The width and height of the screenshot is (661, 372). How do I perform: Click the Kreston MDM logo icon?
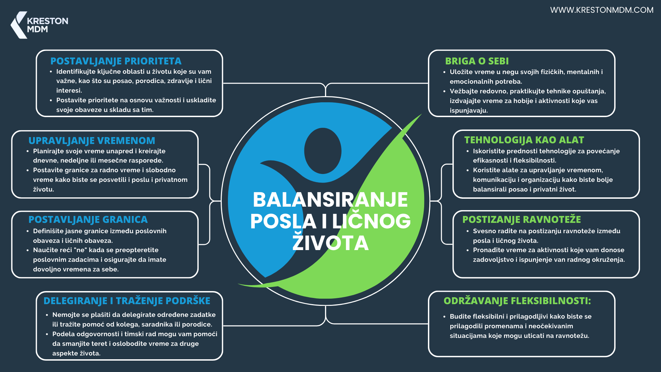(x=19, y=25)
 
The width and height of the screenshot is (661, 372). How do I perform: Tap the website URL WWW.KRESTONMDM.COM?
(x=601, y=10)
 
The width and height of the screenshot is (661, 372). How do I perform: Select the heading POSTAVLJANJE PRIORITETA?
(x=116, y=61)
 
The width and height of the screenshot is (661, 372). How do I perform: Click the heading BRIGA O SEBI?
(x=477, y=61)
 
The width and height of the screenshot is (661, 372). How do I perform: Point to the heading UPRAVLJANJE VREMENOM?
(x=92, y=141)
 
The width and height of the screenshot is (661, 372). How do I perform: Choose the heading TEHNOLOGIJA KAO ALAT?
(x=524, y=140)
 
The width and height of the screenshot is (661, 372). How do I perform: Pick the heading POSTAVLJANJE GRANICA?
(x=88, y=219)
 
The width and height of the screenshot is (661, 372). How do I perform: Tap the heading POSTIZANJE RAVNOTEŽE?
(x=522, y=219)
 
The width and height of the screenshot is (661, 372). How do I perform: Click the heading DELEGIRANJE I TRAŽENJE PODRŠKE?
(x=127, y=300)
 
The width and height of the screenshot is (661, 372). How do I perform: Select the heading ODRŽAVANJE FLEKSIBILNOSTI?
(x=517, y=301)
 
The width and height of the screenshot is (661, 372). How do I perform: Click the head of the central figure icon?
(x=323, y=151)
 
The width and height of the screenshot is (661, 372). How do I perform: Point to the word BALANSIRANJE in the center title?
(x=330, y=199)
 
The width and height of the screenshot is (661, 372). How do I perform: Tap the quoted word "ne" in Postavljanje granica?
(x=80, y=250)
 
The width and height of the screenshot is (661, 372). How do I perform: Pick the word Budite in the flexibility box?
(x=460, y=317)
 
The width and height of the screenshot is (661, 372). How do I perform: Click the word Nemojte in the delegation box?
(x=66, y=315)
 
